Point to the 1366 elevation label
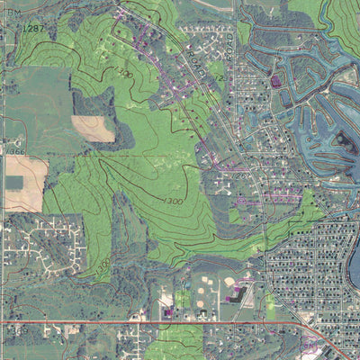click(x=15, y=152)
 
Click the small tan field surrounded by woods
click(x=94, y=129)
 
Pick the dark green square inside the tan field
click(x=13, y=182)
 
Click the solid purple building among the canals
click(x=276, y=82)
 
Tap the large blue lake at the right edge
click(x=353, y=265)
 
